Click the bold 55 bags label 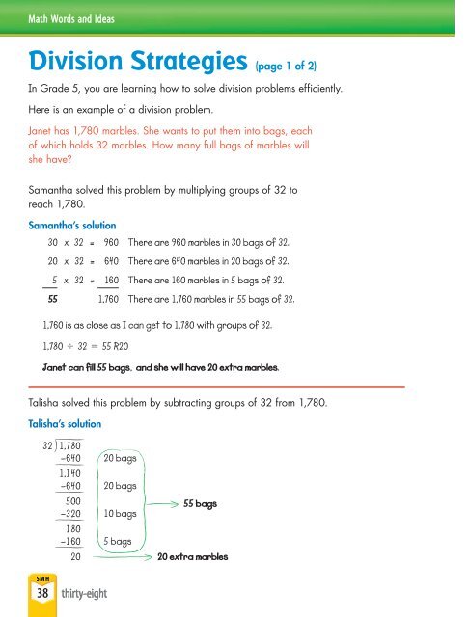pos(201,504)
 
